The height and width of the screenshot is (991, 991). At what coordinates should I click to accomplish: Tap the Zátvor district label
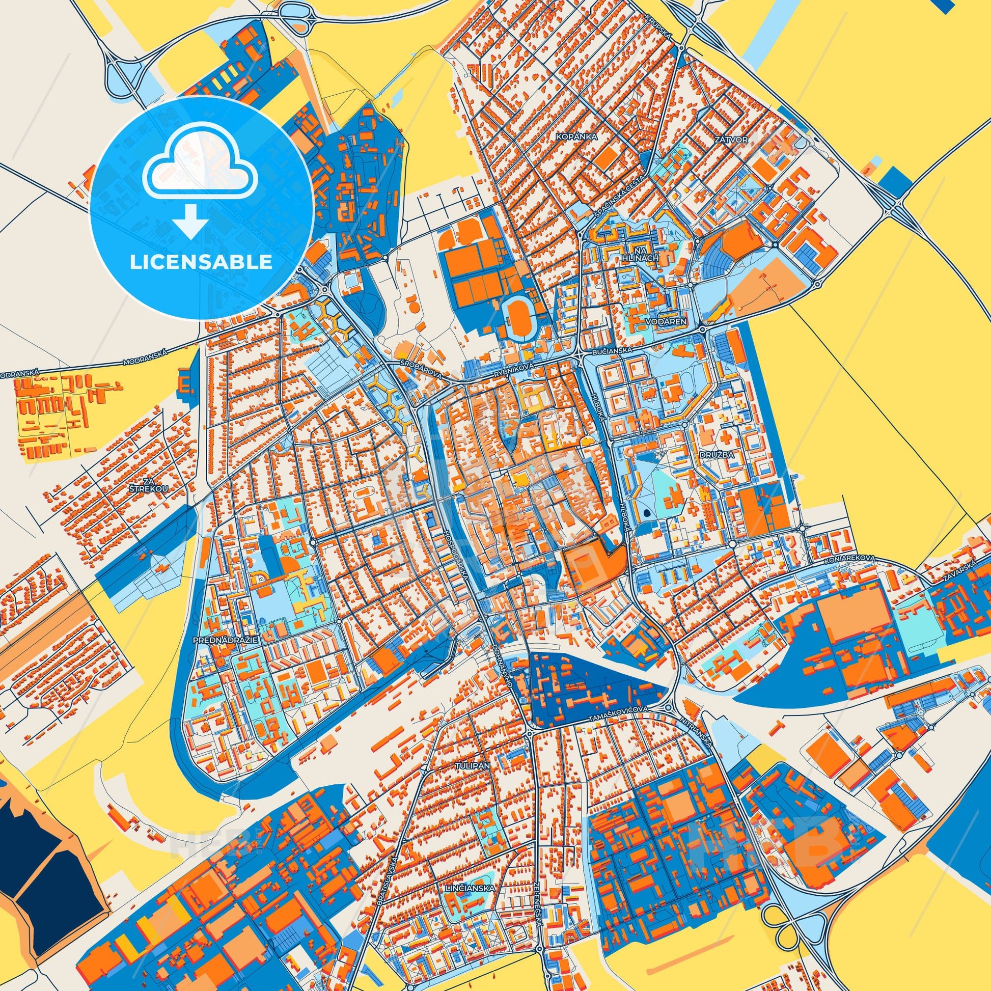pyautogui.click(x=734, y=139)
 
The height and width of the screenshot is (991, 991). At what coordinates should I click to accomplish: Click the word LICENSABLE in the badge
pyautogui.click(x=201, y=262)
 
